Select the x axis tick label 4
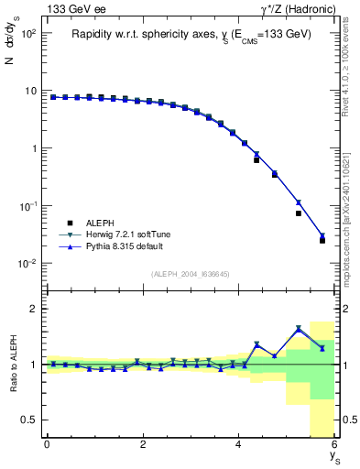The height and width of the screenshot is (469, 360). [239, 445]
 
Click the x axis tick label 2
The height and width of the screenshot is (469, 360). [143, 445]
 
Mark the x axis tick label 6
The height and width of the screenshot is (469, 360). [334, 445]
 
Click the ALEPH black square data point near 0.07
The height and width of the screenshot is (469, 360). [299, 213]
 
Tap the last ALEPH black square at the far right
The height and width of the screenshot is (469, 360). [322, 240]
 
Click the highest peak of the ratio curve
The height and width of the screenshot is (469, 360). [299, 329]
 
